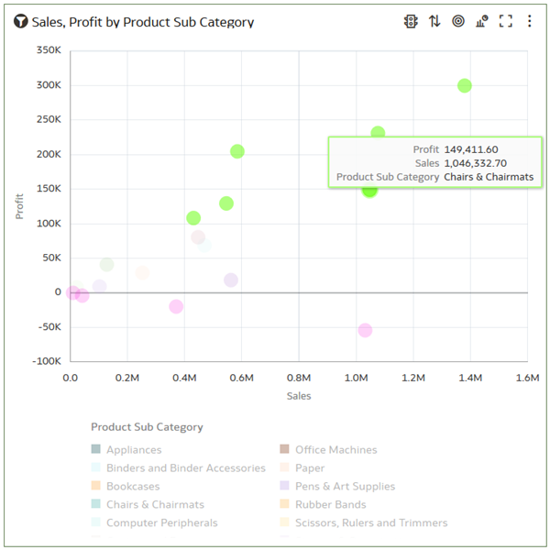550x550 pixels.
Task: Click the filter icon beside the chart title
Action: [20, 21]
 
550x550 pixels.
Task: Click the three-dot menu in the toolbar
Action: [529, 21]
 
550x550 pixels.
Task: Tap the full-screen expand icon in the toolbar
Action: [505, 21]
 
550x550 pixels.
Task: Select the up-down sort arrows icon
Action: [434, 21]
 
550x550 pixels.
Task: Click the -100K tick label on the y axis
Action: [46, 361]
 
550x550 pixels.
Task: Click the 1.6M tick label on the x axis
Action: [527, 378]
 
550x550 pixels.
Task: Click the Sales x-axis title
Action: [299, 396]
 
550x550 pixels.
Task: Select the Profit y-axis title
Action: [20, 205]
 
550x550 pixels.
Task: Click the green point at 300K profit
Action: [465, 85]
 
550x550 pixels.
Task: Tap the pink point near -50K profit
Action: [365, 330]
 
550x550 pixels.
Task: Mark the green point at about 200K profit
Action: [237, 151]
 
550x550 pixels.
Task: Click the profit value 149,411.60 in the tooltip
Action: [470, 149]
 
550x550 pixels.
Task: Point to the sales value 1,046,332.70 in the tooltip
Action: [475, 163]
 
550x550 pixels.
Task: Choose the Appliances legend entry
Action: [134, 450]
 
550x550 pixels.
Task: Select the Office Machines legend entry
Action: [335, 450]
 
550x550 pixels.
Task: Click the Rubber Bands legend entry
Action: [330, 504]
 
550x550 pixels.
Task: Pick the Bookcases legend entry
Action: [133, 486]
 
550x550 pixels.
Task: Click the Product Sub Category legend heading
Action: [147, 427]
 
